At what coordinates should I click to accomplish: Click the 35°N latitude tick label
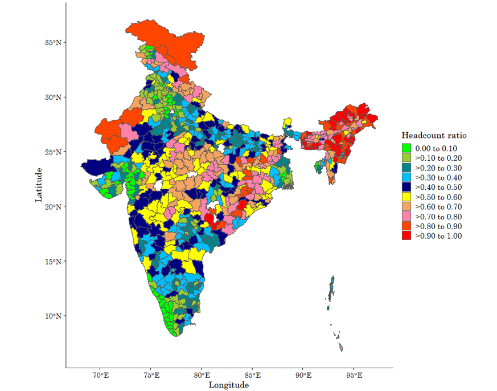(54, 43)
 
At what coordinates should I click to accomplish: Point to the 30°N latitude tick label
(54, 97)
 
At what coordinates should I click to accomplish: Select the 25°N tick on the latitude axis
(54, 152)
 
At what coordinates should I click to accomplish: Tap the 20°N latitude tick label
(54, 206)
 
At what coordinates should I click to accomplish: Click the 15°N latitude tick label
(54, 262)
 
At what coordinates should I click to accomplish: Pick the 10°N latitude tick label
(54, 316)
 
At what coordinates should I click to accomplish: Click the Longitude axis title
(228, 385)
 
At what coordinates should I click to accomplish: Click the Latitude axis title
(39, 184)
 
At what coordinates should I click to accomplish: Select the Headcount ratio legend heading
(434, 136)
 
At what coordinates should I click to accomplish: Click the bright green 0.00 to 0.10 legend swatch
(406, 148)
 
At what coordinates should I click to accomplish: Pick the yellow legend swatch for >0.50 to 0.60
(406, 197)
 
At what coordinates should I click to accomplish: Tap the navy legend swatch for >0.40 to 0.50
(406, 188)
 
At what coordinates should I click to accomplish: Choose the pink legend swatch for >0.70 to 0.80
(406, 217)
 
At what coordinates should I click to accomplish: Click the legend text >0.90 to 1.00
(438, 236)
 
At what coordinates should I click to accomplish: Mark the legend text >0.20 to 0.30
(438, 168)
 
